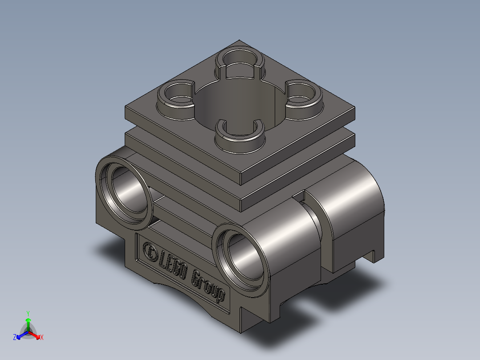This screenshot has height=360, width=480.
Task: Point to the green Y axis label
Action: pyautogui.click(x=28, y=313)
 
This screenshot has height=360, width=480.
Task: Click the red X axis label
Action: pyautogui.click(x=42, y=338)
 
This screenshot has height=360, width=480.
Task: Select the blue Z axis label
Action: pyautogui.click(x=15, y=337)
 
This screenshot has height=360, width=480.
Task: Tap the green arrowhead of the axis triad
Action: pyautogui.click(x=28, y=320)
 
